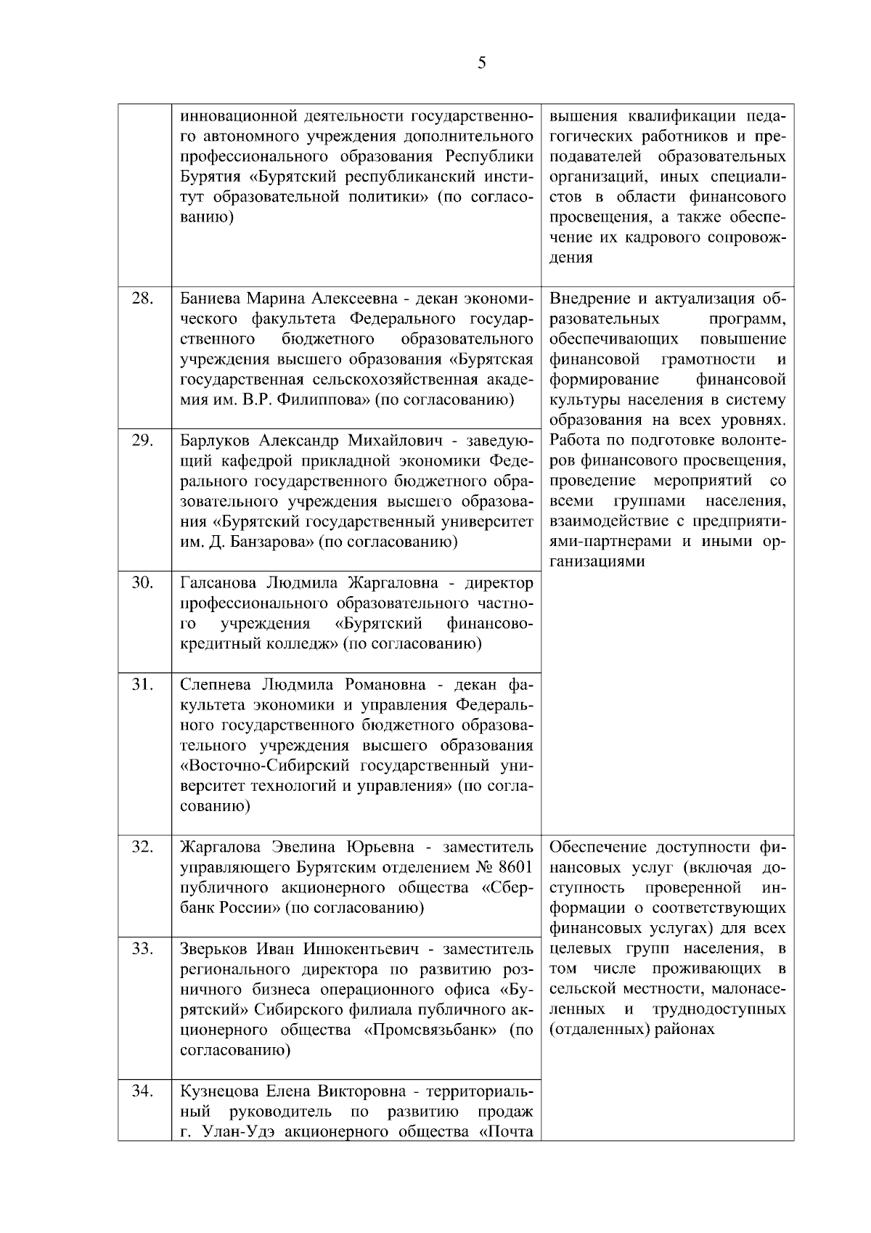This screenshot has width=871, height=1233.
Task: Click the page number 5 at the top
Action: click(482, 63)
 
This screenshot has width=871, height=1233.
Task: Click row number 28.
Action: click(142, 298)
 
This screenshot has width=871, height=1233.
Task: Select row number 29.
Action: click(142, 441)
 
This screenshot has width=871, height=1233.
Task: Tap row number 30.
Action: click(142, 583)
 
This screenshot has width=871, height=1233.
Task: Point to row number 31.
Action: click(142, 684)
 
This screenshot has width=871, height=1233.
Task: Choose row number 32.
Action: click(142, 847)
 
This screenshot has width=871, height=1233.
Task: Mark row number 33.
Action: click(142, 948)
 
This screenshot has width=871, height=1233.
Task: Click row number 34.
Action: click(142, 1091)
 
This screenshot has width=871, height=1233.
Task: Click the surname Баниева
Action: click(210, 299)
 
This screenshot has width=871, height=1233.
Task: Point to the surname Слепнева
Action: click(216, 685)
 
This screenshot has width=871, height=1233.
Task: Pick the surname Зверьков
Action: click(214, 949)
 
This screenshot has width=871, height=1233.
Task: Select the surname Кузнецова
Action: click(218, 1091)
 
